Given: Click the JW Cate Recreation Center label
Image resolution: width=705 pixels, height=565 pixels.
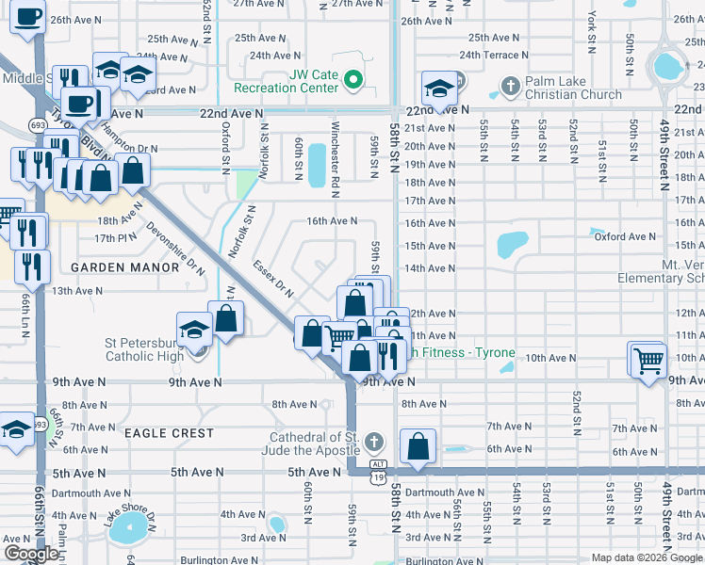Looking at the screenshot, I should click(300, 81).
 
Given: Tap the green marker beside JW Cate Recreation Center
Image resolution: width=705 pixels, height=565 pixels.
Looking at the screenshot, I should click(353, 80).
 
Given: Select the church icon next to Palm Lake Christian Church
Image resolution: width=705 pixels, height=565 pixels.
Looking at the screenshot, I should click(510, 88).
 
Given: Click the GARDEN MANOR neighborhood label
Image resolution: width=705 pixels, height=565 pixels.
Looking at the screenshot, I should click(125, 267).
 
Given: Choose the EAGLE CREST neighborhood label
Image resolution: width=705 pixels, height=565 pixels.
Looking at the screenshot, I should click(168, 433).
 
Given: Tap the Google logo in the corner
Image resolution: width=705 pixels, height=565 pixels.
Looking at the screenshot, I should click(30, 554).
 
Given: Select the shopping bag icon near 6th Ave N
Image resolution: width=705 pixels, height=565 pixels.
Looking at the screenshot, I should click(418, 446).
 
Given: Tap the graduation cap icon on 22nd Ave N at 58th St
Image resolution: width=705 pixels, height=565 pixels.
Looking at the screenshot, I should click(436, 89).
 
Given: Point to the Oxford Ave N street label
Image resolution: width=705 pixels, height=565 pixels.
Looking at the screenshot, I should click(625, 236).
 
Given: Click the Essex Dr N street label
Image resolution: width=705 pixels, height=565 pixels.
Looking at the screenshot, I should click(273, 279).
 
